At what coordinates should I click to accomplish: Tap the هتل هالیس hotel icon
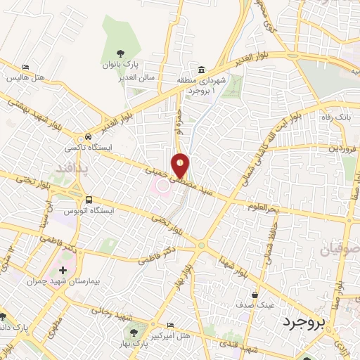pyautogui.click(x=26, y=67)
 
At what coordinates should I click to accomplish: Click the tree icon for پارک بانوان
pyautogui.click(x=120, y=52)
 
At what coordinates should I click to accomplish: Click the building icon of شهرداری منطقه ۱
pyautogui.click(x=202, y=69)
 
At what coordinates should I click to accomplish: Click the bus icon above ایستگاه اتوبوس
pyautogui.click(x=89, y=199)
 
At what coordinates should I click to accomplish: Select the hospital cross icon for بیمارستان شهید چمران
pyautogui.click(x=63, y=270)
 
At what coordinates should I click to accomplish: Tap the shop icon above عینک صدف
pyautogui.click(x=255, y=295)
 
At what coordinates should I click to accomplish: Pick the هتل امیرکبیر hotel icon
pyautogui.click(x=169, y=324)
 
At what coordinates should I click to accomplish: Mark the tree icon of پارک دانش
pyautogui.click(x=6, y=316)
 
